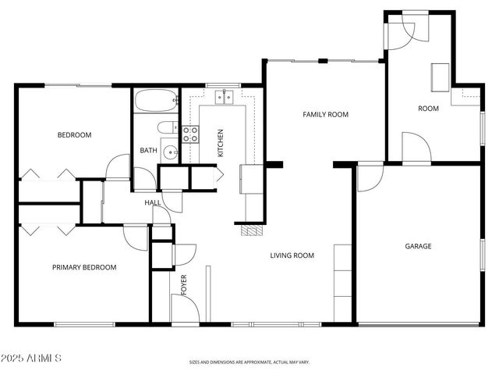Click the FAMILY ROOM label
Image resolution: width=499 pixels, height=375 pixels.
click(x=325, y=115)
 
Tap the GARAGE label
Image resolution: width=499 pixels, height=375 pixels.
click(x=418, y=246)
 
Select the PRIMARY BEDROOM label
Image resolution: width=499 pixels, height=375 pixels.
click(x=84, y=267)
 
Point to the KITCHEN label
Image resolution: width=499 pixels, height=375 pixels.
click(x=221, y=143)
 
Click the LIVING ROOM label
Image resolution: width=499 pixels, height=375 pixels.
click(x=292, y=255)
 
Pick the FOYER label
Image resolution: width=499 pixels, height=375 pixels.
click(x=185, y=284)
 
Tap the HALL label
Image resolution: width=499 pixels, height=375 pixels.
click(x=153, y=203)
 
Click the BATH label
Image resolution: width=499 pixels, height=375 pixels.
click(x=148, y=151)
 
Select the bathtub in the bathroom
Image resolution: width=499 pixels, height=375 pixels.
click(x=156, y=102)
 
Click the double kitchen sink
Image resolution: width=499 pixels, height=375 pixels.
click(x=225, y=97)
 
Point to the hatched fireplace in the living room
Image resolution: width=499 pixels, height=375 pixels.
click(x=249, y=231)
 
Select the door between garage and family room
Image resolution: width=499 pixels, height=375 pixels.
click(x=369, y=177)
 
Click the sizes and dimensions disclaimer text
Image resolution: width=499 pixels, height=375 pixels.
click(x=249, y=362)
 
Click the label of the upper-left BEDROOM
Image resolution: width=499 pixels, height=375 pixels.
click(x=74, y=135)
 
